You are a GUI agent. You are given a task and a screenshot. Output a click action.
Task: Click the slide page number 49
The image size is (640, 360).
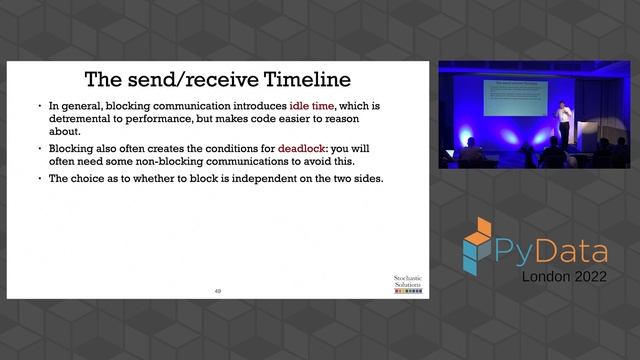click(218, 290)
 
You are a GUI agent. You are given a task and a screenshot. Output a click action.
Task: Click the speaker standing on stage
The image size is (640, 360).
click(564, 124)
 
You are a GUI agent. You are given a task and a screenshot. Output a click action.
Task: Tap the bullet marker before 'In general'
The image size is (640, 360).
click(40, 105)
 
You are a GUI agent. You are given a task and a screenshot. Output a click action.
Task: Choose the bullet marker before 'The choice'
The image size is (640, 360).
click(40, 179)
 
